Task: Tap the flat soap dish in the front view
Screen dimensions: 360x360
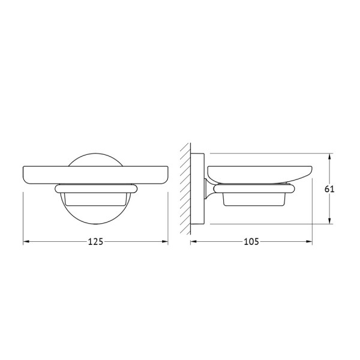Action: [95, 173]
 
